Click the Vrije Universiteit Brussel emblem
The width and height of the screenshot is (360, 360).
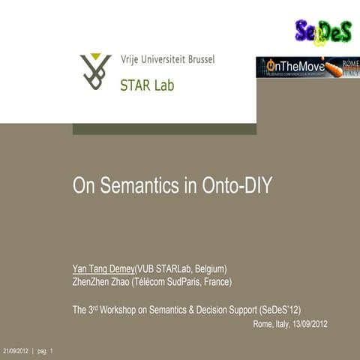(96, 70)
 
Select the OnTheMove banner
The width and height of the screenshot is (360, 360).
(307, 67)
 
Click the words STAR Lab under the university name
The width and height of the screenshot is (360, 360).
(147, 85)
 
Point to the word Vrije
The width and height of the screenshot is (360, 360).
(131, 60)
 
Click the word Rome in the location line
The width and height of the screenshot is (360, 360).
(262, 324)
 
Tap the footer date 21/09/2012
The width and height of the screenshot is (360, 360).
(16, 351)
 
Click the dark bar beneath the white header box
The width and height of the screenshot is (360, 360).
(164, 129)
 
